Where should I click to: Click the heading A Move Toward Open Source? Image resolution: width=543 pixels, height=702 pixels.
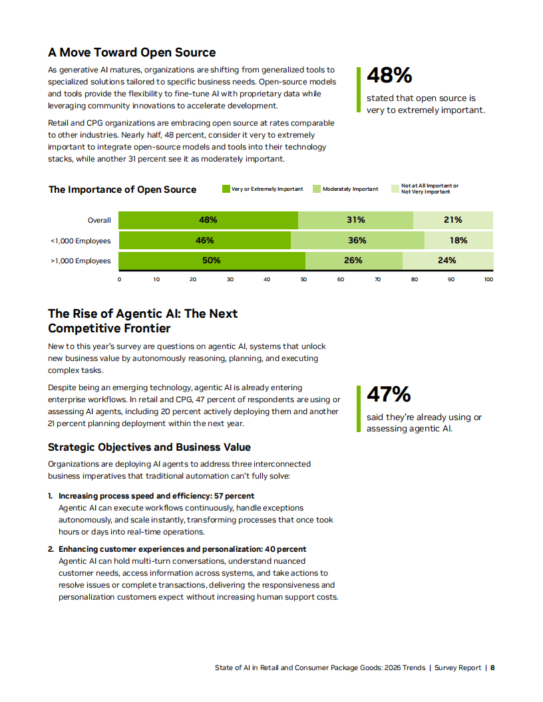[132, 53]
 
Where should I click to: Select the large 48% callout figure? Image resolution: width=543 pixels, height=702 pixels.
[389, 76]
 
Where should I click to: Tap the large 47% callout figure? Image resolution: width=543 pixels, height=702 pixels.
[389, 394]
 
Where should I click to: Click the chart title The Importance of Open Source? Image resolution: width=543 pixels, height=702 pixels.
[122, 189]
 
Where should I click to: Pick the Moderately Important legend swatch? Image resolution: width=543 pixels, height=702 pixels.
[317, 189]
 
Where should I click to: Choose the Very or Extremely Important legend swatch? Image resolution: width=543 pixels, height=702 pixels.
[226, 189]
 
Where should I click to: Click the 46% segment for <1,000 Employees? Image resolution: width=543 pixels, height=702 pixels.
[205, 241]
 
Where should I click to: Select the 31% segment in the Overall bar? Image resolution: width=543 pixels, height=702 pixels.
[355, 220]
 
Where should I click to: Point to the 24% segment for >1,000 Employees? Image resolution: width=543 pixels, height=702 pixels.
[447, 261]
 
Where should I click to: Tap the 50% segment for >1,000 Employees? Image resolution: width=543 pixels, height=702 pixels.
[212, 261]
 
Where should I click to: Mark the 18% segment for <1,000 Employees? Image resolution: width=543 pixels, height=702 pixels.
[458, 241]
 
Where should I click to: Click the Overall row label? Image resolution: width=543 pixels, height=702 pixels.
[99, 221]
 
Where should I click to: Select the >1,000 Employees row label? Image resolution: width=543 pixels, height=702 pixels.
[81, 261]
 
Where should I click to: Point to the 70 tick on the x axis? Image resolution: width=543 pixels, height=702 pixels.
[377, 280]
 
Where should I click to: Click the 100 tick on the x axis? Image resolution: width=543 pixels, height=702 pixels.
[488, 280]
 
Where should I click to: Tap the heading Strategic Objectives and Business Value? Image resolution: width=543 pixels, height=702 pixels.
[149, 447]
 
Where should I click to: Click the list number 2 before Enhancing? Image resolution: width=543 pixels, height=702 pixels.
[50, 549]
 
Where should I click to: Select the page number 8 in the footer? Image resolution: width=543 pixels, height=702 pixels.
[492, 667]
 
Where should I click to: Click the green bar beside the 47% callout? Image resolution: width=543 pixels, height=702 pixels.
[359, 409]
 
